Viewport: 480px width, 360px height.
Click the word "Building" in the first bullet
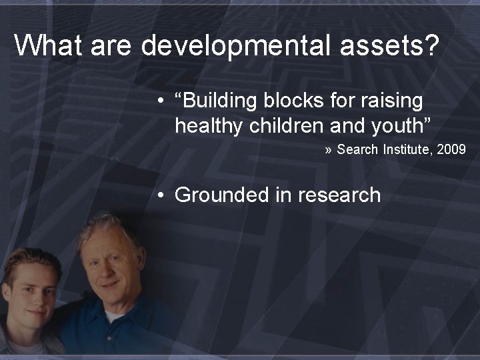[218, 101]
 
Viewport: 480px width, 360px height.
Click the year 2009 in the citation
[453, 149]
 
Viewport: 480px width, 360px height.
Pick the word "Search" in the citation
[357, 149]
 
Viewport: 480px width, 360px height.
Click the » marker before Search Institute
[329, 150]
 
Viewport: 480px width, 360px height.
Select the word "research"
[339, 195]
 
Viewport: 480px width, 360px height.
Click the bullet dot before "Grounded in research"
[161, 195]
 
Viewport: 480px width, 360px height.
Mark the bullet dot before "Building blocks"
[161, 101]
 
